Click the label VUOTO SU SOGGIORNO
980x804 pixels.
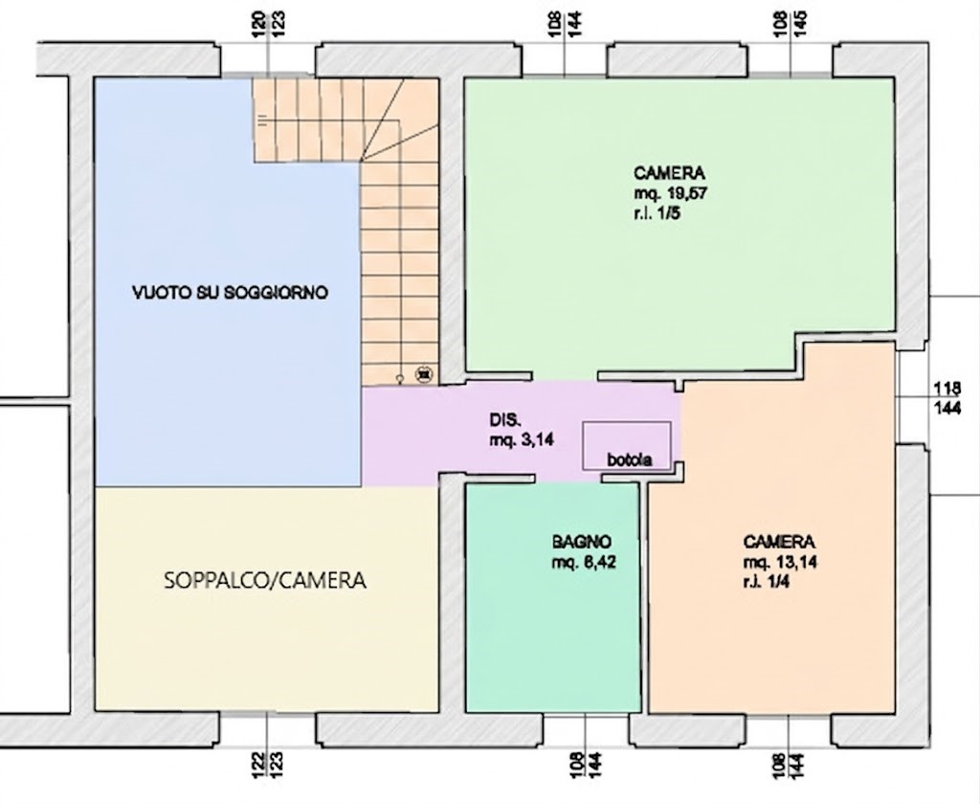pos(230,293)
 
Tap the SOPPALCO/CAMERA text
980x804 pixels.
pos(265,581)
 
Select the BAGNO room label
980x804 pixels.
pos(581,542)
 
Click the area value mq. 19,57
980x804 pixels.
pos(671,193)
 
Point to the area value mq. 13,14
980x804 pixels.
pos(780,562)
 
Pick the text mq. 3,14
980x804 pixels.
pos(522,440)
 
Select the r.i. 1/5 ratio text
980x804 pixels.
pos(657,213)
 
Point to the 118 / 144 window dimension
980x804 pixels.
pos(947,398)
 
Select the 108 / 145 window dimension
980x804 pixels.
pos(790,24)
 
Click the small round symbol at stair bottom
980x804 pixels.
pos(401,378)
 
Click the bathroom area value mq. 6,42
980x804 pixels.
pos(584,562)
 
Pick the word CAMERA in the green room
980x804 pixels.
pos(669,172)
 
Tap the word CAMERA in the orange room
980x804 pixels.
pos(779,542)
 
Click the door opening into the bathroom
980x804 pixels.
pos(568,479)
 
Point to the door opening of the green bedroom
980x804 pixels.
pos(565,376)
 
